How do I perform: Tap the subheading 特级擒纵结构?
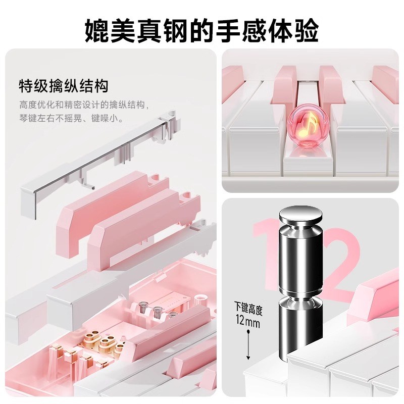[64, 85]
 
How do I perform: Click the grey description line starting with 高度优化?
[84, 106]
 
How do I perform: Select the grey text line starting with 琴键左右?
[71, 120]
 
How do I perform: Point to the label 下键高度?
[247, 307]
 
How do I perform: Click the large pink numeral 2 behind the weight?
[344, 263]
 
